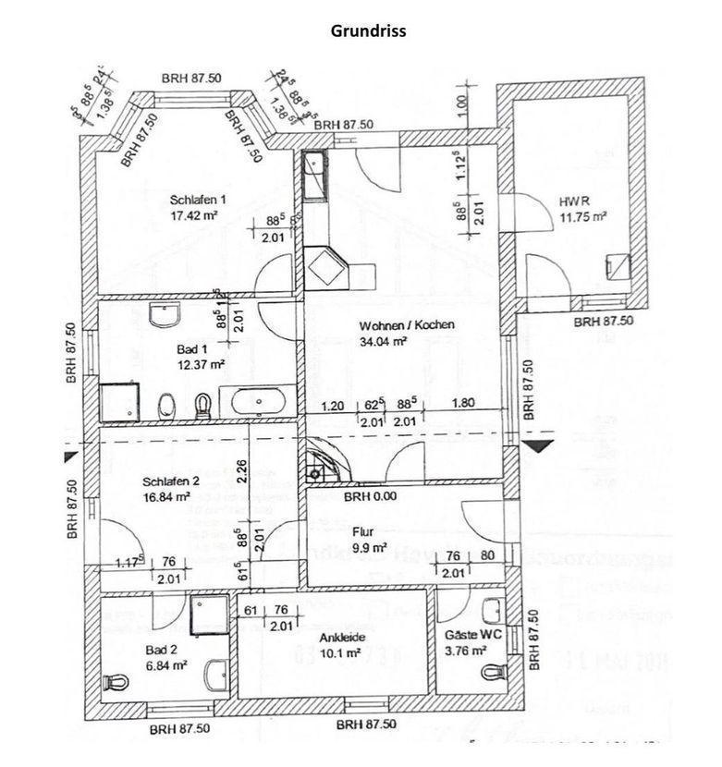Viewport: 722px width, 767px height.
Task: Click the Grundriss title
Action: coord(368,30)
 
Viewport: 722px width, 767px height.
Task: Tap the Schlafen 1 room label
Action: coord(198,199)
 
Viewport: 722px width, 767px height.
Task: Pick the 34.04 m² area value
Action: coord(384,342)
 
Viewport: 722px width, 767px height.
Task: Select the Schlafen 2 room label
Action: coord(171,481)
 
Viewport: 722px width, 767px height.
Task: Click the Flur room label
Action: coord(362,531)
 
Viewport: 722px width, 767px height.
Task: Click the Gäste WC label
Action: coord(466,637)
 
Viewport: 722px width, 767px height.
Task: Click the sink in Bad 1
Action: coord(165,317)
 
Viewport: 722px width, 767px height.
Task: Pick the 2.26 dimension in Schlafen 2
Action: coord(240,472)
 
